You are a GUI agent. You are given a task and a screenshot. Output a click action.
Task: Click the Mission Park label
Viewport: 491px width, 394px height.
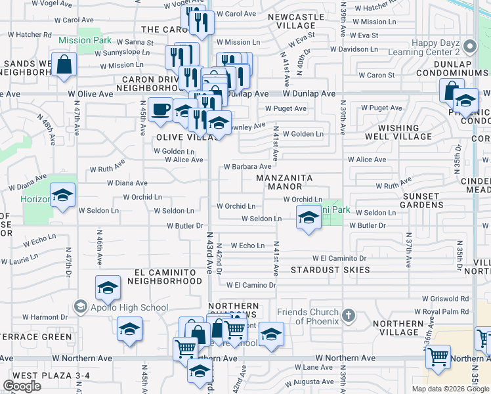85,40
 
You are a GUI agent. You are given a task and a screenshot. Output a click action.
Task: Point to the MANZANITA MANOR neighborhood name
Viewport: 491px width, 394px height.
284,182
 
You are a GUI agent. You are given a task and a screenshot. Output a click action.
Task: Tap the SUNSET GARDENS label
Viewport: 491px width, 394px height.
421,200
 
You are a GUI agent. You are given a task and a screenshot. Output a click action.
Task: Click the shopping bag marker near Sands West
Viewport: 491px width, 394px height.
64,65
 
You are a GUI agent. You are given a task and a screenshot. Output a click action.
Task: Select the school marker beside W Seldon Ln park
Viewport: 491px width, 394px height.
307,218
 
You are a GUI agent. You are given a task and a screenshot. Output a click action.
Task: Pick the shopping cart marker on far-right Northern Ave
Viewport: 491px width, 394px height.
438,357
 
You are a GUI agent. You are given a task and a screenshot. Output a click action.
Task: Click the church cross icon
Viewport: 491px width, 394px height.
349,316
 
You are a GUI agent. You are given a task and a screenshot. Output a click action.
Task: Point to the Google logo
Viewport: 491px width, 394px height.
22,386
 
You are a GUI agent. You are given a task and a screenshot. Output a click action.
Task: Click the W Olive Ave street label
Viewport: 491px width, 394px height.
91,95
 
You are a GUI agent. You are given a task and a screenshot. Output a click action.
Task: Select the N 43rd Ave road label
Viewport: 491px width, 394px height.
211,253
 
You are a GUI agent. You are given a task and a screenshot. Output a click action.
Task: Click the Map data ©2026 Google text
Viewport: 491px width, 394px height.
450,389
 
